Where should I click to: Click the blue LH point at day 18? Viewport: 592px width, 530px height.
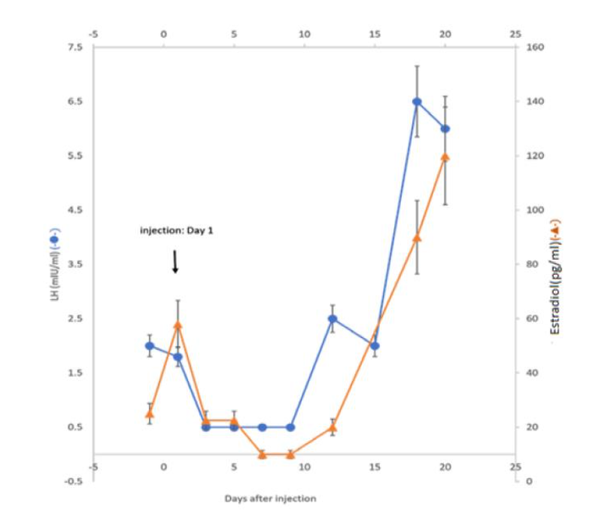tap(417, 102)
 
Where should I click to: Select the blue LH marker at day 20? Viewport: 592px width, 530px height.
tap(445, 129)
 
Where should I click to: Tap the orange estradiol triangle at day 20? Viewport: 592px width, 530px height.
tap(445, 157)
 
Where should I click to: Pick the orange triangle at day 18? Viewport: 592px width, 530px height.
tap(417, 238)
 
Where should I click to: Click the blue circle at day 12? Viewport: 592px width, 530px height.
tap(332, 318)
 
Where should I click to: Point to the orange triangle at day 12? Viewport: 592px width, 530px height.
tap(332, 428)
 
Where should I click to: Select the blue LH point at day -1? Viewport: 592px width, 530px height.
tap(150, 346)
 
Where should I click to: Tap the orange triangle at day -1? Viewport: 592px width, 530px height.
tap(150, 413)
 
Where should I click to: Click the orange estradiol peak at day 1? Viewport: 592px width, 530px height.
tap(178, 325)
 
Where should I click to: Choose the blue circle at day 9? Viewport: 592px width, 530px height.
tap(290, 427)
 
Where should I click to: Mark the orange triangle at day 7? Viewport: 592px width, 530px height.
tap(263, 454)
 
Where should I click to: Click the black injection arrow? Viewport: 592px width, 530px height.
tap(175, 262)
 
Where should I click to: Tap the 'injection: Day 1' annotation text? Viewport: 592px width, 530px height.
tap(177, 230)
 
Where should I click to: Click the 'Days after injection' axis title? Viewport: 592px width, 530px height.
tap(270, 498)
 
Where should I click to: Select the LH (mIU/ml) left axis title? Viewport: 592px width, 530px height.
tap(53, 264)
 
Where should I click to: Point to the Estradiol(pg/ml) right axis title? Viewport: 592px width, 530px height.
tap(555, 277)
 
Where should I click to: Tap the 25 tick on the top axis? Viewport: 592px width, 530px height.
tap(515, 34)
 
